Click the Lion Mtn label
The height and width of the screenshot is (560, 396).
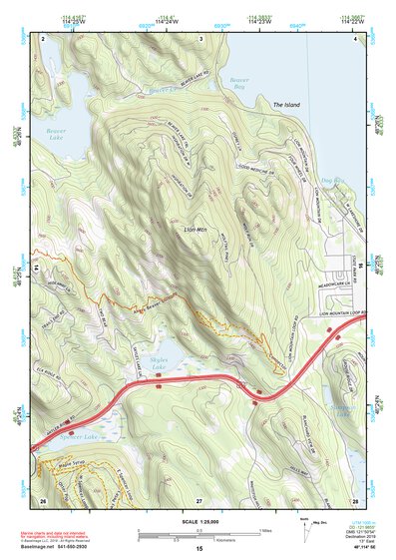(196, 231)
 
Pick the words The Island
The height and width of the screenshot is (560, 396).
(286, 105)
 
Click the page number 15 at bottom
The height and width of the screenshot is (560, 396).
(198, 549)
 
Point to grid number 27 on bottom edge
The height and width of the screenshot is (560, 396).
(198, 499)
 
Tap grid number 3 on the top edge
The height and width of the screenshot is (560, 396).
(200, 38)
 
